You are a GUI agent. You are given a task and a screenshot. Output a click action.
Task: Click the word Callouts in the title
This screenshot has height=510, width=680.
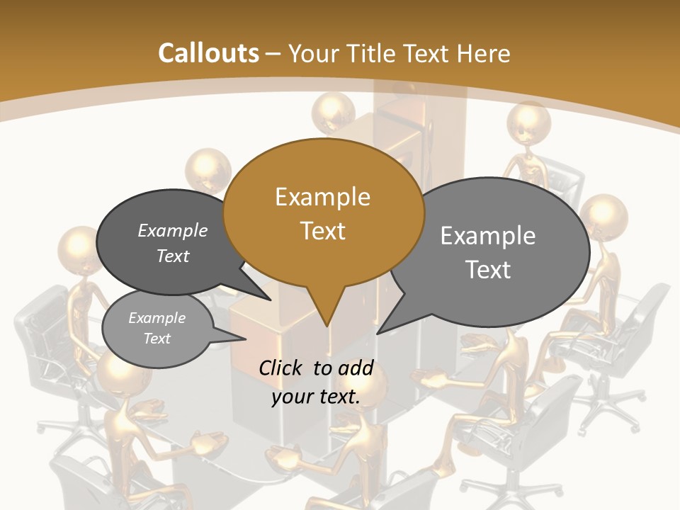[x=208, y=53]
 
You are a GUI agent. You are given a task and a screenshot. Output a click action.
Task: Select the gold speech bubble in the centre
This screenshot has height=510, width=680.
[x=323, y=212]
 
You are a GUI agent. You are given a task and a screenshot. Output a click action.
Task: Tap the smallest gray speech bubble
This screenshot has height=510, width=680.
[x=157, y=328]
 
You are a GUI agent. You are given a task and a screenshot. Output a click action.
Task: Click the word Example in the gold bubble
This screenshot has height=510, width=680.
[x=322, y=196]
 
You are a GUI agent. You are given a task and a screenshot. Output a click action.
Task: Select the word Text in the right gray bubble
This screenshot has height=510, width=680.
[x=488, y=270]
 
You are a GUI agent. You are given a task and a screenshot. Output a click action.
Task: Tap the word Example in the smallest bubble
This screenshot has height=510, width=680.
[x=157, y=318]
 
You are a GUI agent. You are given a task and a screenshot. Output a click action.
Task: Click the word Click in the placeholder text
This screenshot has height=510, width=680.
[x=283, y=368]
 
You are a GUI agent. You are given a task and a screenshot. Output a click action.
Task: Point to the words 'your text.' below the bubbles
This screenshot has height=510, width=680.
[x=315, y=397]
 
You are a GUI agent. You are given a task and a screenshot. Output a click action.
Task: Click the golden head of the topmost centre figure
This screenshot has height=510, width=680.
[x=333, y=110]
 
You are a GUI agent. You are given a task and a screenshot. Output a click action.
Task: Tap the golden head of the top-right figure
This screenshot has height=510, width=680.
[x=528, y=122]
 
